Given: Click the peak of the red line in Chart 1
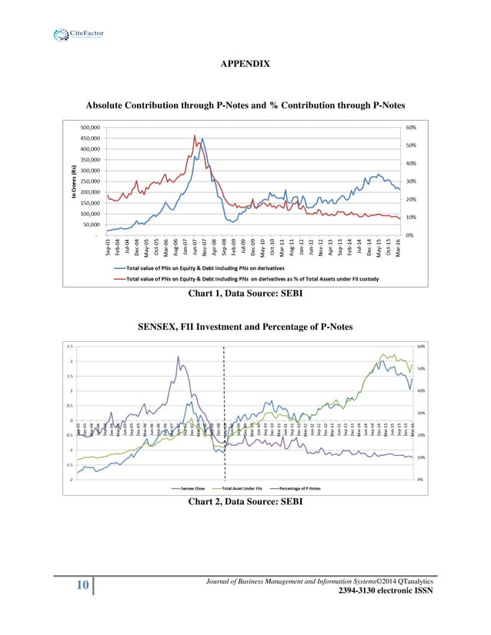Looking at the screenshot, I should pyautogui.click(x=195, y=136).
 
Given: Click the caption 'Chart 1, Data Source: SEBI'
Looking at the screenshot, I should pyautogui.click(x=245, y=293).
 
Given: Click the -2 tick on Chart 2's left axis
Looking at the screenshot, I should pyautogui.click(x=70, y=480).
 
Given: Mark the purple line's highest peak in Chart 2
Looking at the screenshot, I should pyautogui.click(x=178, y=357).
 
